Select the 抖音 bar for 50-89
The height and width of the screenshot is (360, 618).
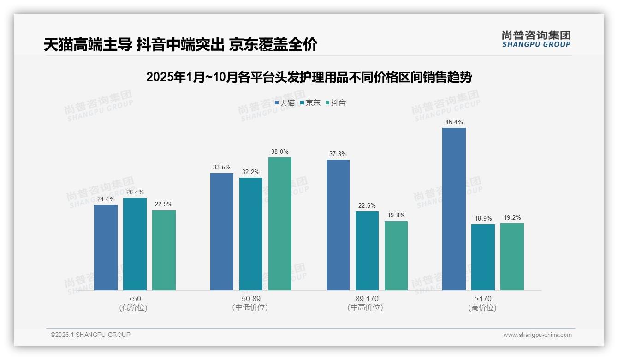pyautogui.click(x=280, y=224)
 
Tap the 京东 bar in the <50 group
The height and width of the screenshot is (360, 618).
pyautogui.click(x=135, y=244)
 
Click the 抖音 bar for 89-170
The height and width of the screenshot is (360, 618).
pyautogui.click(x=396, y=256)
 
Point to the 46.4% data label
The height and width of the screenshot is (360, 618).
pyautogui.click(x=454, y=122)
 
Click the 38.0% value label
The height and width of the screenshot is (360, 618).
pyautogui.click(x=280, y=152)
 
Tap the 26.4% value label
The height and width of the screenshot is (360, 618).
pyautogui.click(x=135, y=192)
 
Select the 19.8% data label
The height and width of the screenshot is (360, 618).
pyautogui.click(x=396, y=216)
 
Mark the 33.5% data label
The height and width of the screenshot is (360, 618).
pyautogui.click(x=222, y=168)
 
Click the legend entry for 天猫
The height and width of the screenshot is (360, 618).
pyautogui.click(x=285, y=102)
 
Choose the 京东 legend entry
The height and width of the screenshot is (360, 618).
pyautogui.click(x=310, y=102)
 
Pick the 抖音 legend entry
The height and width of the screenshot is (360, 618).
pyautogui.click(x=336, y=102)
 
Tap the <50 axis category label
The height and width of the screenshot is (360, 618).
pyautogui.click(x=135, y=299)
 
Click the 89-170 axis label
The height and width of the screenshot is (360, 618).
pyautogui.click(x=367, y=299)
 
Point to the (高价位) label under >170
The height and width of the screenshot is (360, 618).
pyautogui.click(x=483, y=307)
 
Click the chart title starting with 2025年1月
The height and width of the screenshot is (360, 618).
pyautogui.click(x=309, y=77)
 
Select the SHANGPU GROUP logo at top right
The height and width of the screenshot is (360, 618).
pyautogui.click(x=536, y=39)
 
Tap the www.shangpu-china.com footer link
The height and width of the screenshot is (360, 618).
pyautogui.click(x=537, y=335)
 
